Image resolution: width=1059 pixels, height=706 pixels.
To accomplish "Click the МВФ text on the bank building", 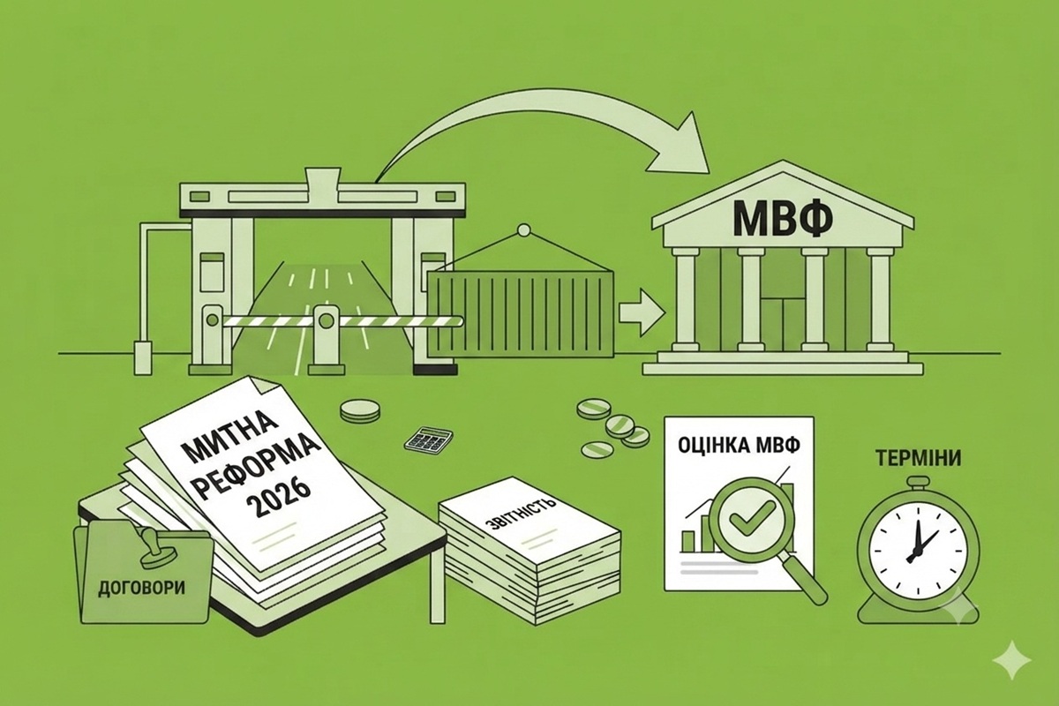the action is pyautogui.click(x=783, y=219).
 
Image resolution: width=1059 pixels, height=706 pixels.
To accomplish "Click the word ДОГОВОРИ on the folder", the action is pyautogui.click(x=142, y=589).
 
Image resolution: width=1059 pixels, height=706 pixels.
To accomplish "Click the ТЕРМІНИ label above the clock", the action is pyautogui.click(x=918, y=458).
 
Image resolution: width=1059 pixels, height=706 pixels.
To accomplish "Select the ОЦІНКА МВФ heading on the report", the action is pyautogui.click(x=739, y=446).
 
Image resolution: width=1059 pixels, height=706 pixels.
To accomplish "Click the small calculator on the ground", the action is pyautogui.click(x=428, y=439).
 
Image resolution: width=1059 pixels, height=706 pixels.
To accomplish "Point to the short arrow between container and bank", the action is pyautogui.click(x=641, y=312).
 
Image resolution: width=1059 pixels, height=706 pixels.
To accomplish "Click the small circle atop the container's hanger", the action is pyautogui.click(x=524, y=230).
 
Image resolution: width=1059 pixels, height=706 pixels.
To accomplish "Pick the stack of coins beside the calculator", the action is pyautogui.click(x=360, y=410).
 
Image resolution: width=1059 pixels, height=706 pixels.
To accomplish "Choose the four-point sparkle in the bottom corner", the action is pyautogui.click(x=1012, y=660).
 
